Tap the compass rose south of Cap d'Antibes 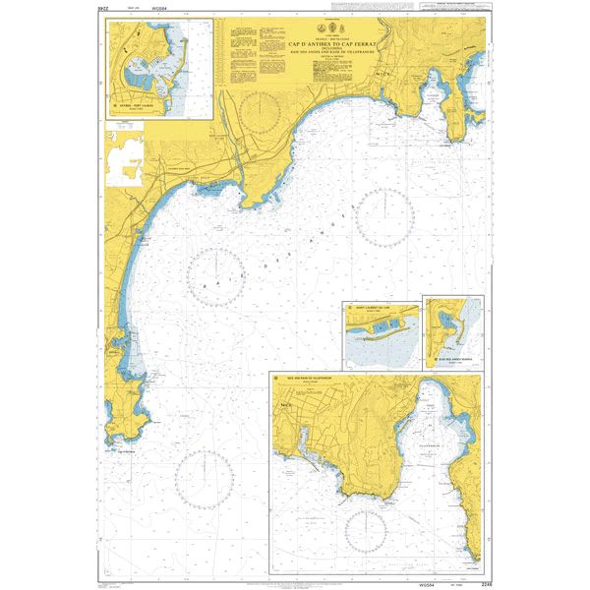(203, 479)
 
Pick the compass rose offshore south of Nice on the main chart (385, 217)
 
